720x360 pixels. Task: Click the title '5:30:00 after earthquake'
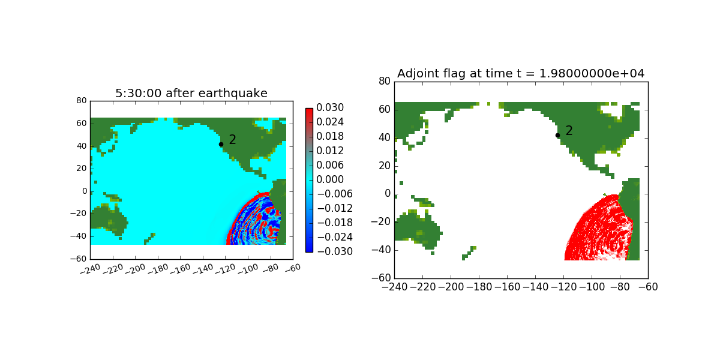tap(191, 93)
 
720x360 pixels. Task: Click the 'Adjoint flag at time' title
tap(455, 74)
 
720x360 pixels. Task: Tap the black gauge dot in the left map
tap(221, 145)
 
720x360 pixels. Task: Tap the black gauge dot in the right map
tap(557, 136)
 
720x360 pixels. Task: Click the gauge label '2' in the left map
tap(232, 139)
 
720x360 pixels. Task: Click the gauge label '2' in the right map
tap(569, 131)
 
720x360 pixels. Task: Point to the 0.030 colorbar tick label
tap(330, 107)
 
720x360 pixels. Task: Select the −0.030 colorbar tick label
tap(335, 251)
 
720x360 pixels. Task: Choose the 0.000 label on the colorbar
tap(330, 179)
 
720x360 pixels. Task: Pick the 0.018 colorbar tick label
tap(330, 136)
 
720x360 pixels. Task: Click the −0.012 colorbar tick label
tap(335, 208)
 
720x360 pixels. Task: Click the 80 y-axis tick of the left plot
tap(82, 101)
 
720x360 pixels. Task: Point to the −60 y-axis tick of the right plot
tap(381, 278)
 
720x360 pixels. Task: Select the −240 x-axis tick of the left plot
tap(90, 269)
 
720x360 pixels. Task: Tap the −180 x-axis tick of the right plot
tap(479, 287)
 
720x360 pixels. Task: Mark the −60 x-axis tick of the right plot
tap(648, 287)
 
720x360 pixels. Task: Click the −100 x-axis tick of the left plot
tap(248, 269)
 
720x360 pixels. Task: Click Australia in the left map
tap(107, 219)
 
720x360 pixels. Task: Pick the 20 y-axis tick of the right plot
tap(385, 166)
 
